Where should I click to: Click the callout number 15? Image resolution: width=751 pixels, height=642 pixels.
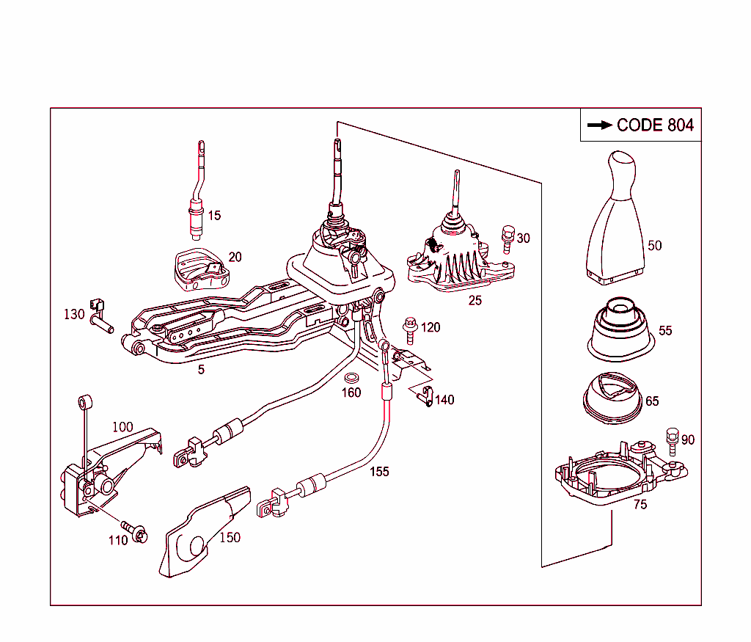(x=213, y=216)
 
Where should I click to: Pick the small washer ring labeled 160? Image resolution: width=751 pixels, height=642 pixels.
(x=351, y=378)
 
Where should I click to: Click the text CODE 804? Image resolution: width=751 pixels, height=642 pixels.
(x=655, y=125)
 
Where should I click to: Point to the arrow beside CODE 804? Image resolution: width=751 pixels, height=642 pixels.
(x=600, y=125)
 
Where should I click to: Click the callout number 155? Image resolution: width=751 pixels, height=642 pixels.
(x=379, y=472)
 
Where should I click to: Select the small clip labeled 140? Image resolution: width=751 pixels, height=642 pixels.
(x=425, y=397)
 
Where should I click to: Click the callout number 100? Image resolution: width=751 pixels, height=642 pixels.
(x=122, y=426)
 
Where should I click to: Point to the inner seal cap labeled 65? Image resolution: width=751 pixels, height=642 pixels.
(x=610, y=399)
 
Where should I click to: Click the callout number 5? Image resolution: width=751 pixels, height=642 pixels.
(x=200, y=369)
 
